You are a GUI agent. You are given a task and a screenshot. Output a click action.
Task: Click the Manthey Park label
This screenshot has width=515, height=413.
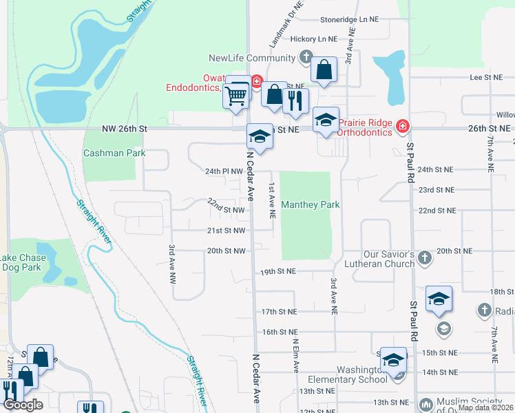311,205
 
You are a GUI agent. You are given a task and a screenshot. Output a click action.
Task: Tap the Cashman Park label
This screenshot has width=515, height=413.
114,153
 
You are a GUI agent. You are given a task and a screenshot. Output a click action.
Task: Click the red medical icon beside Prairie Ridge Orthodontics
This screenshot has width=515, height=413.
403,126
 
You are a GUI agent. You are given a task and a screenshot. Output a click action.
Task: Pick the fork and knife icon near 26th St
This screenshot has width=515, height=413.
296,100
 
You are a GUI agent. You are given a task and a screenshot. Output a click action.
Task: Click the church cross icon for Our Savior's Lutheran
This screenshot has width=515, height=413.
425,257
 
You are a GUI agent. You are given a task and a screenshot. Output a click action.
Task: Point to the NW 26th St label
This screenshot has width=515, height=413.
125,129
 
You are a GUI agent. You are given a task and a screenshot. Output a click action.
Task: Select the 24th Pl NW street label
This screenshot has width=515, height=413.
224,171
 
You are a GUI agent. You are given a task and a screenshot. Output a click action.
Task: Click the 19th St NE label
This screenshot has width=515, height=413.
278,273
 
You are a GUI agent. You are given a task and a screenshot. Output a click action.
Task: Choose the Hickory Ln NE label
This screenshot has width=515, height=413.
314,40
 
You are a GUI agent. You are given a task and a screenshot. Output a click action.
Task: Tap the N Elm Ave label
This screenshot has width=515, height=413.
295,355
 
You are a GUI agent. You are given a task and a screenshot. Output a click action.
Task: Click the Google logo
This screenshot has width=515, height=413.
23,405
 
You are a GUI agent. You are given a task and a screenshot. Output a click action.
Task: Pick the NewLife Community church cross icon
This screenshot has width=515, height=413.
306,57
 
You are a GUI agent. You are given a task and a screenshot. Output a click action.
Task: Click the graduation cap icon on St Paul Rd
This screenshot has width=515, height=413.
439,299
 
